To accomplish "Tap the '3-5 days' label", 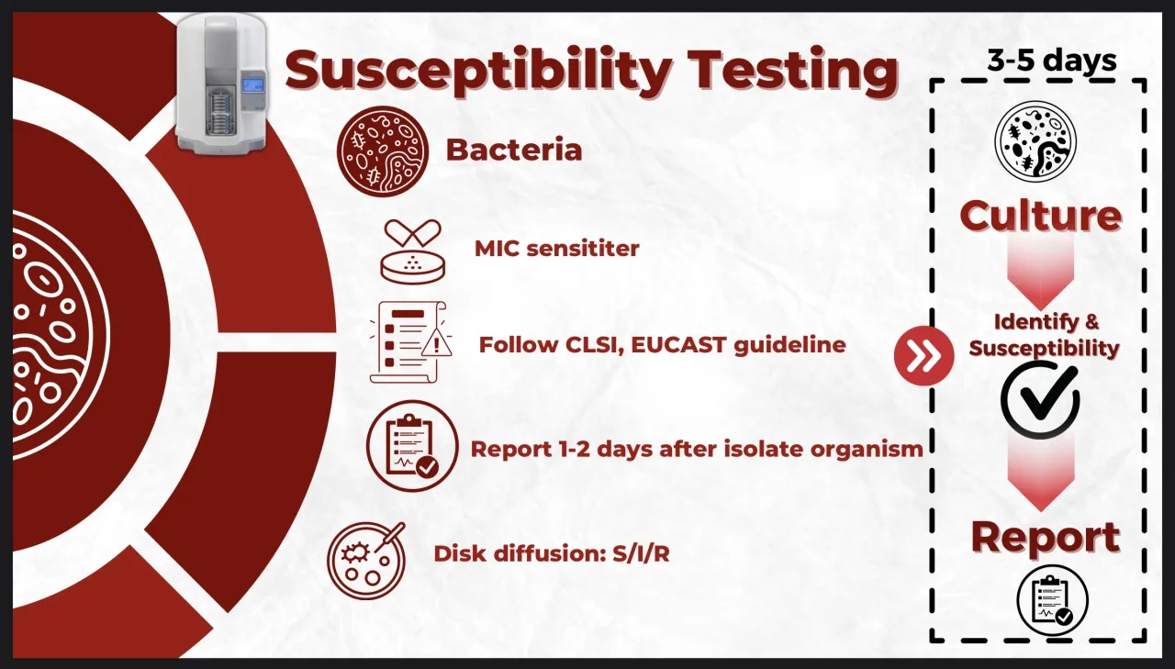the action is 1052,61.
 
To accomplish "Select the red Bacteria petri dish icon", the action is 383,151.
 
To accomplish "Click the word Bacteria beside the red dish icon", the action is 514,150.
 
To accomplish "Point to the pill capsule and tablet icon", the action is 413,251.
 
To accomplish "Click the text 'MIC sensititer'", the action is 556,249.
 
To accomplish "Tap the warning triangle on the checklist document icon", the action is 436,344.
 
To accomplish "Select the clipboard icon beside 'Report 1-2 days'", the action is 412,446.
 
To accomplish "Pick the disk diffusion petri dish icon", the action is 366,561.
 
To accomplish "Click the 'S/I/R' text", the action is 641,553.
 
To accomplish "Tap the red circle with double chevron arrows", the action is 923,356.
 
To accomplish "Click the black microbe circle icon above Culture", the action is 1035,141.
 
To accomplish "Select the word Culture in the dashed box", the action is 1041,216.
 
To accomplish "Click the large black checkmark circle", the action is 1040,399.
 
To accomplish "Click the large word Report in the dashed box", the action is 1046,537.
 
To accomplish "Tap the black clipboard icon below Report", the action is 1052,600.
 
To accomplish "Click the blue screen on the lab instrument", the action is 252,84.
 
